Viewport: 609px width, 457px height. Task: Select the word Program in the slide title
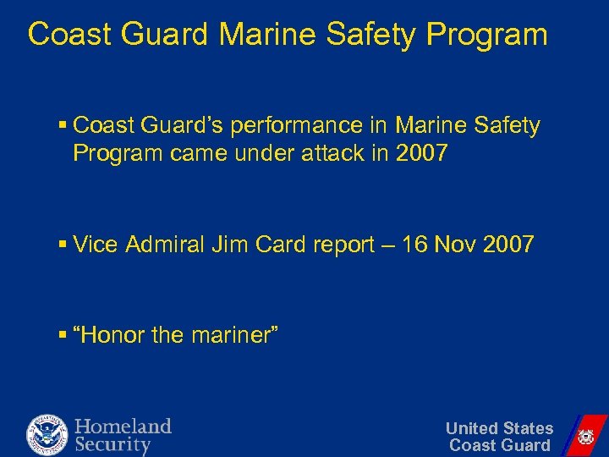point(488,35)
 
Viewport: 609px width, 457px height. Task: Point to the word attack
point(332,155)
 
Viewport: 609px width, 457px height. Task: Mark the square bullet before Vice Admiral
point(63,246)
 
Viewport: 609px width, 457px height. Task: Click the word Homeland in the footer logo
point(123,426)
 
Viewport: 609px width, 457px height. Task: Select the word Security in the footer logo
point(112,444)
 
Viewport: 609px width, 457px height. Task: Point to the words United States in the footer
point(499,428)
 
